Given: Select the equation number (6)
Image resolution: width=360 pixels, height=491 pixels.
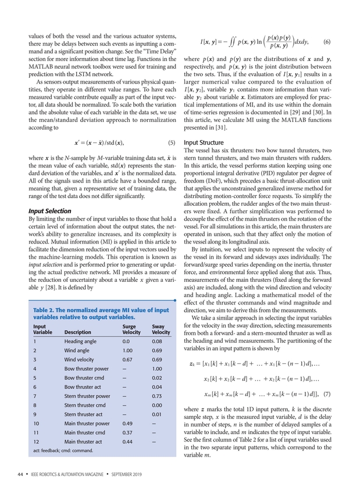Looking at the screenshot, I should coord(327,41).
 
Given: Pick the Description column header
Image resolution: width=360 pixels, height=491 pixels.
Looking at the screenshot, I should coord(81,333).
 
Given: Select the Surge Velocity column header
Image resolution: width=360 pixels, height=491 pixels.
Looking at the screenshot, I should coord(129,329).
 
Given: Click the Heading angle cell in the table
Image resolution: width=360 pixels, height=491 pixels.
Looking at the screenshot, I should coord(81,342).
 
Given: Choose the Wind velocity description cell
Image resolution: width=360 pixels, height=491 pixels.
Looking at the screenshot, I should coord(81,360).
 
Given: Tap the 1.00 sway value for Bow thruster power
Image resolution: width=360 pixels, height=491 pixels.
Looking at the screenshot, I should coord(156,368).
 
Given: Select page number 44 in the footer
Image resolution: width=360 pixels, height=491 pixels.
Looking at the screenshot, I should coord(20,474).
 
